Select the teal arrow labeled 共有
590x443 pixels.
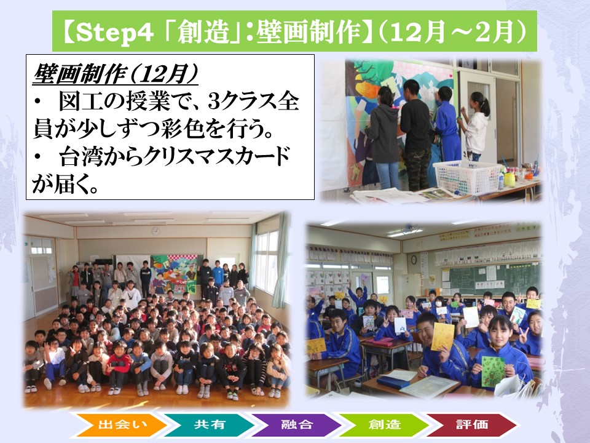click(x=209, y=425)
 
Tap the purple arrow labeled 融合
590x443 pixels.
click(x=296, y=425)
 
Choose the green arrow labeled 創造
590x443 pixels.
click(x=383, y=425)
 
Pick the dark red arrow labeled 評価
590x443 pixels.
click(x=471, y=425)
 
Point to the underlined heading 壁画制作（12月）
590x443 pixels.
click(x=116, y=74)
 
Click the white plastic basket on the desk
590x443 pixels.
click(x=467, y=177)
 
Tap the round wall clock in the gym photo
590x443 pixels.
click(x=155, y=231)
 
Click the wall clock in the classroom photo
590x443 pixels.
click(x=414, y=260)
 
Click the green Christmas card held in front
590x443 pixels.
click(x=494, y=370)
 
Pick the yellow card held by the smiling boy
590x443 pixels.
click(x=443, y=337)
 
